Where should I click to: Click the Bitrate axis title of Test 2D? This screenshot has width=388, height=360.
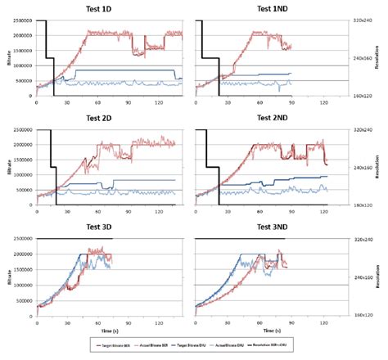[6, 168]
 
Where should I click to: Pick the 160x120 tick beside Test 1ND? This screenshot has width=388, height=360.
[363, 96]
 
